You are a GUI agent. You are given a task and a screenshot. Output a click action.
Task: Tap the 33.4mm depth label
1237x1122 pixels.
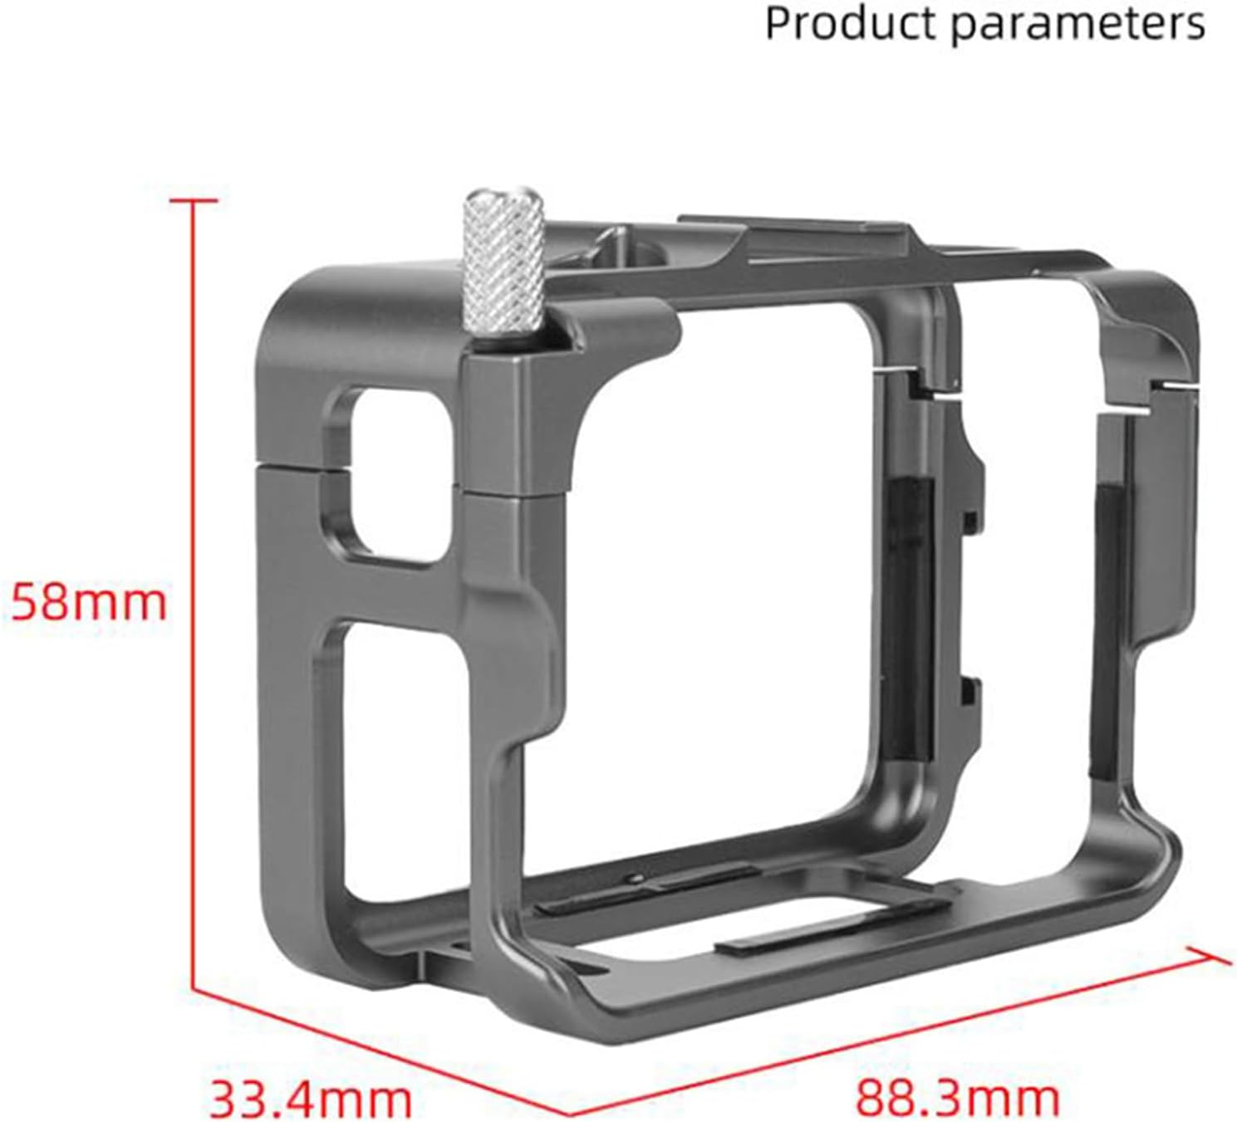tap(310, 1097)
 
